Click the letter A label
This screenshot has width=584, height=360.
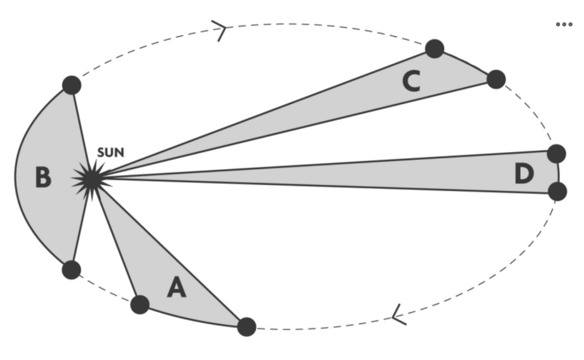coord(177,287)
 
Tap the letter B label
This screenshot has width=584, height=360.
coord(43,177)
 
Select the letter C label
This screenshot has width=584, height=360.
coord(411,81)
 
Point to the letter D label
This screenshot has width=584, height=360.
coord(524,174)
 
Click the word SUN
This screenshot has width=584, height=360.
coord(111,154)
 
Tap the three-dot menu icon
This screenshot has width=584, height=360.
coord(564,24)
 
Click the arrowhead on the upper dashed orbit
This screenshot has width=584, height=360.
coord(222,30)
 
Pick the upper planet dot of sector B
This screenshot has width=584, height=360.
coord(72,85)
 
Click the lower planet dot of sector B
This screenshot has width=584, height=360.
coord(71,270)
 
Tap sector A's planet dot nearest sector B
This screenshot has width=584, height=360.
coord(140,304)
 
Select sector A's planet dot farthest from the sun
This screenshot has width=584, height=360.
coord(246,327)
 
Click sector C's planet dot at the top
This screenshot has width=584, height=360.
coord(435,48)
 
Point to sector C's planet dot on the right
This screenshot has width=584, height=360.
coord(496,79)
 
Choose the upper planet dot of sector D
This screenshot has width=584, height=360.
coord(557,154)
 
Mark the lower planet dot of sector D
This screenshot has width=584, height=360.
coord(558,191)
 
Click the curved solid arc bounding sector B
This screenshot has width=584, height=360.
coord(16,176)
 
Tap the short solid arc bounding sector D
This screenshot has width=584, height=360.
coord(559,172)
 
